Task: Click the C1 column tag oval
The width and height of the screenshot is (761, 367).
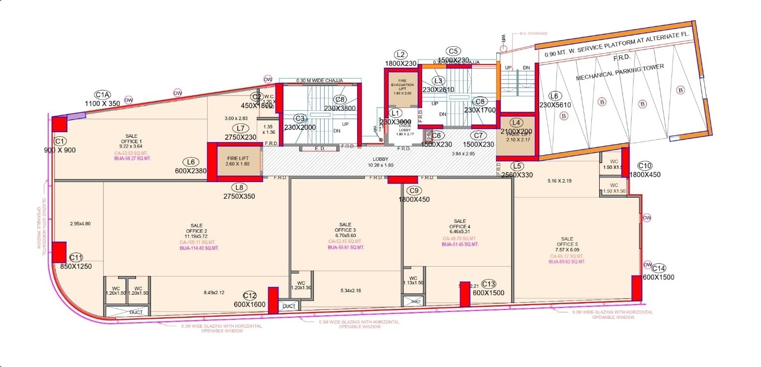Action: point(61,140)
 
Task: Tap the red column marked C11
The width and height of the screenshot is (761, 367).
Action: point(60,252)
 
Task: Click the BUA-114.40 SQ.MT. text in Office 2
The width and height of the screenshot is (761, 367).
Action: point(199,248)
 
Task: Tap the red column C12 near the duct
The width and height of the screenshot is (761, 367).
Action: point(273,300)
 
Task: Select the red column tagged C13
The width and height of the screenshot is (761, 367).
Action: point(464,294)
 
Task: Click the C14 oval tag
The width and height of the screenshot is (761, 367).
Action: point(659,268)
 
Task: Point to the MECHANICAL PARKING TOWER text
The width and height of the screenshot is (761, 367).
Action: point(620,72)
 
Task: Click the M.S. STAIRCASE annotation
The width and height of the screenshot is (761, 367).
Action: point(533,34)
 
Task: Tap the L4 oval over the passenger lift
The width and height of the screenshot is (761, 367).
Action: point(516,122)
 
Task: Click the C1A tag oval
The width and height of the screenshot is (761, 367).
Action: point(103,94)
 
